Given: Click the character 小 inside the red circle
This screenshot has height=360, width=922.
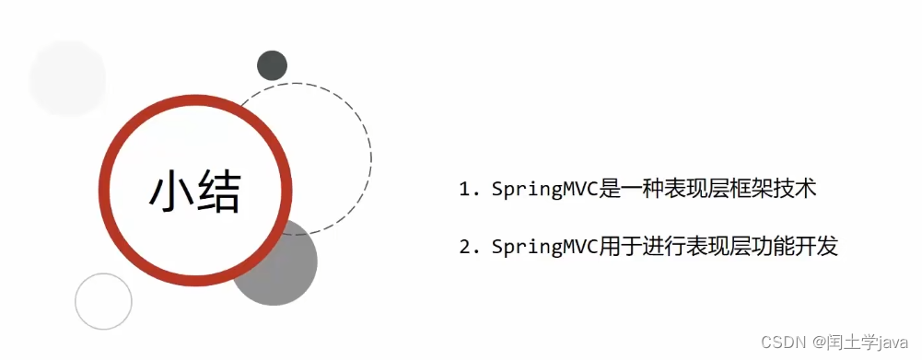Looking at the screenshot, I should click(x=171, y=192).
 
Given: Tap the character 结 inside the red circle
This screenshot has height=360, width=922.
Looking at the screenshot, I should click(x=218, y=192).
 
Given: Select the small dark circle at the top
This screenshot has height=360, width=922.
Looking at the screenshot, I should click(x=272, y=65).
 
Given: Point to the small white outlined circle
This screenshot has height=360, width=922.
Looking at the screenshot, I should click(x=103, y=301).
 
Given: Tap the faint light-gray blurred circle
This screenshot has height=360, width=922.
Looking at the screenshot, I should click(x=67, y=78).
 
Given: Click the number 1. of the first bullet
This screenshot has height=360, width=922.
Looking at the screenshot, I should click(x=470, y=191).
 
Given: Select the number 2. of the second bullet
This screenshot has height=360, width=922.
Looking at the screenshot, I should click(x=470, y=247).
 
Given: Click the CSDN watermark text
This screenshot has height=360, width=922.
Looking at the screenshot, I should click(x=782, y=343).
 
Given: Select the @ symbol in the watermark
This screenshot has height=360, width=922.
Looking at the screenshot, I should click(x=816, y=343).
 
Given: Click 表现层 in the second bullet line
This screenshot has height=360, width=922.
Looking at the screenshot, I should click(x=725, y=247).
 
